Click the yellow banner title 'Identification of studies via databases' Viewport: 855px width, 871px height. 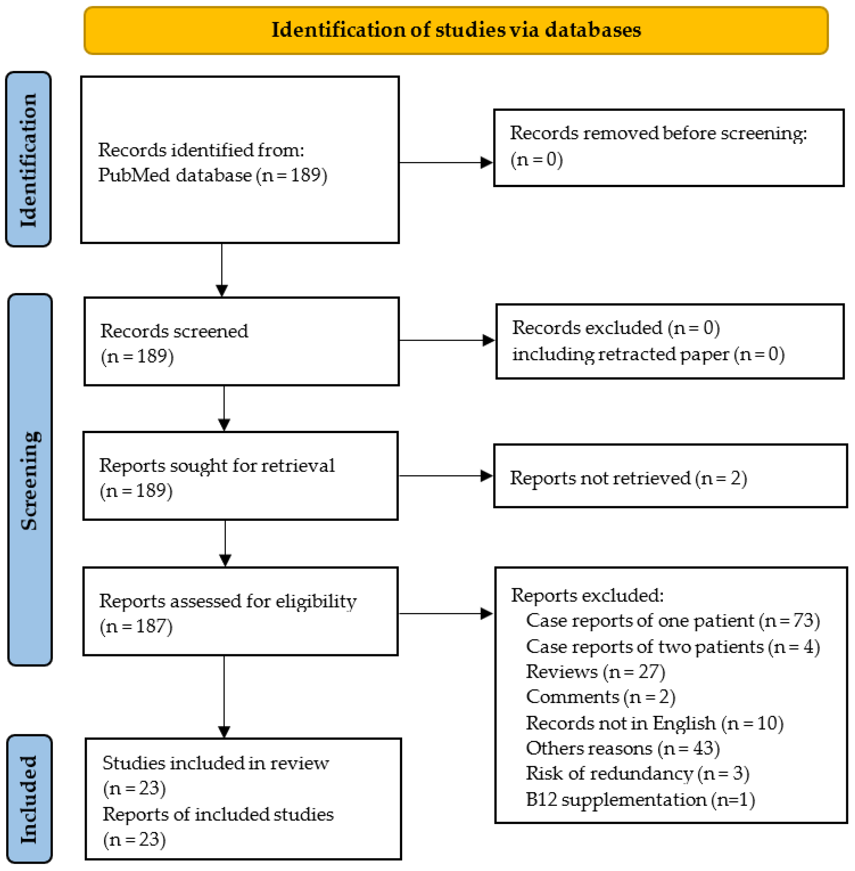coord(456,30)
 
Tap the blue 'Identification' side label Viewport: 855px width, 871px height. coord(28,160)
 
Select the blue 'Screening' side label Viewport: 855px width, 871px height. coord(30,480)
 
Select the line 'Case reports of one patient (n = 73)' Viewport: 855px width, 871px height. coord(672,621)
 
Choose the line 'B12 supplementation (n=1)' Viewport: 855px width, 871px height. coord(640,800)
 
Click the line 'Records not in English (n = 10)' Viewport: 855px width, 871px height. coord(654,723)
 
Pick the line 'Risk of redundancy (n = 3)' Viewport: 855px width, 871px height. coord(637,774)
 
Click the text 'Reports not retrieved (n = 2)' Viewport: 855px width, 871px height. coord(628,478)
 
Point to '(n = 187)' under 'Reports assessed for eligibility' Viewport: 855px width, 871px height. coord(136,626)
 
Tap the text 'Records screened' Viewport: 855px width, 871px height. coord(174,331)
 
